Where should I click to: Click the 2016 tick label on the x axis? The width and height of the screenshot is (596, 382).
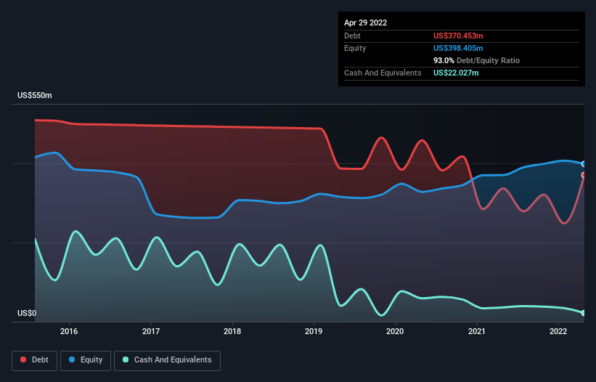pos(69,332)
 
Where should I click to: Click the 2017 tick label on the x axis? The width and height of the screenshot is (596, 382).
pos(151,332)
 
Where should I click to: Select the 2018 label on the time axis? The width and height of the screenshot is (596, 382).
pos(232,332)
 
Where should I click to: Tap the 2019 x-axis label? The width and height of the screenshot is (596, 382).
pos(314,332)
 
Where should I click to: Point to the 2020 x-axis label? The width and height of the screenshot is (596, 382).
pos(395,332)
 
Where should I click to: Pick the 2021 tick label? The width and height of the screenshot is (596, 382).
pos(477,332)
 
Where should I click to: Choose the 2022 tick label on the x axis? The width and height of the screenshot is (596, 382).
pos(558,332)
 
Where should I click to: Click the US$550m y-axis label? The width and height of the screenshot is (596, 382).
pos(35,96)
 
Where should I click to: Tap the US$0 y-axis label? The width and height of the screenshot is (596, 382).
pos(26,314)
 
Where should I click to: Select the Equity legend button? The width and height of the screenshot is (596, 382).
pos(85,359)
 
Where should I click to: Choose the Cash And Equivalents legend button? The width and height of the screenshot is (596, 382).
pos(167,359)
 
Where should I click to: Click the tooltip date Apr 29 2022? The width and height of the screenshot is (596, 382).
pos(365,23)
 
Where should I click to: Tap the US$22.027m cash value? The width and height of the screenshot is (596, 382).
pos(456,73)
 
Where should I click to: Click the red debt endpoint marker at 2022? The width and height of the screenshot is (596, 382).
pos(583,175)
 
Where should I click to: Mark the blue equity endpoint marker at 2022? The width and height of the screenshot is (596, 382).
pos(583,164)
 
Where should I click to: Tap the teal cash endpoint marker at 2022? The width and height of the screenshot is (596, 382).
pos(583,313)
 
